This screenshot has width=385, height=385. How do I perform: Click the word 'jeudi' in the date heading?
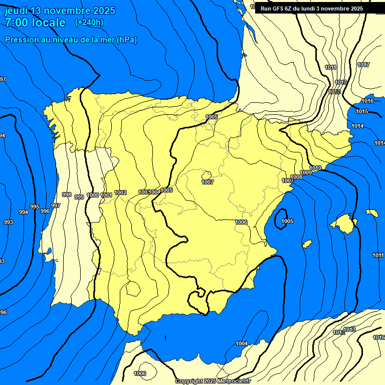(x=17, y=11)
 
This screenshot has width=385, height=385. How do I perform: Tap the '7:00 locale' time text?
(x=35, y=23)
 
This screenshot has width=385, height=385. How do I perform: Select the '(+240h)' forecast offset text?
(x=89, y=23)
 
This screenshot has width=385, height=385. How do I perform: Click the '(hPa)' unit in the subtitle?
(x=126, y=40)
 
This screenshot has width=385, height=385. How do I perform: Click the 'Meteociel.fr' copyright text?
(x=233, y=381)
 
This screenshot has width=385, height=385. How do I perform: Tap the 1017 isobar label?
(x=363, y=65)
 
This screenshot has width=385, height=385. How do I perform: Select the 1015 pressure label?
(x=362, y=111)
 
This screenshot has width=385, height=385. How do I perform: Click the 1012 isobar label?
(x=334, y=92)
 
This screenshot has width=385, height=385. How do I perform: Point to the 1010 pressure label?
(x=315, y=168)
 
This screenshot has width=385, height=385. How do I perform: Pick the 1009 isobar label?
(x=306, y=172)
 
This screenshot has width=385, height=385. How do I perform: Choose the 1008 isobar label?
(x=296, y=177)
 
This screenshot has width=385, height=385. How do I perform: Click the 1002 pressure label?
(x=120, y=192)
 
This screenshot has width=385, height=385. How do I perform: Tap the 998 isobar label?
(x=67, y=195)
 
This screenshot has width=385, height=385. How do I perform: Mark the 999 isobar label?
(x=79, y=197)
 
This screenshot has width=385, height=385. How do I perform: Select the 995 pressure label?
(x=35, y=207)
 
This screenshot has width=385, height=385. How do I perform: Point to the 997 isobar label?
(x=56, y=206)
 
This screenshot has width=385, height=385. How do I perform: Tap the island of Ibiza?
(x=307, y=244)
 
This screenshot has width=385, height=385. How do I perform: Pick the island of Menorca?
(x=372, y=213)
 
